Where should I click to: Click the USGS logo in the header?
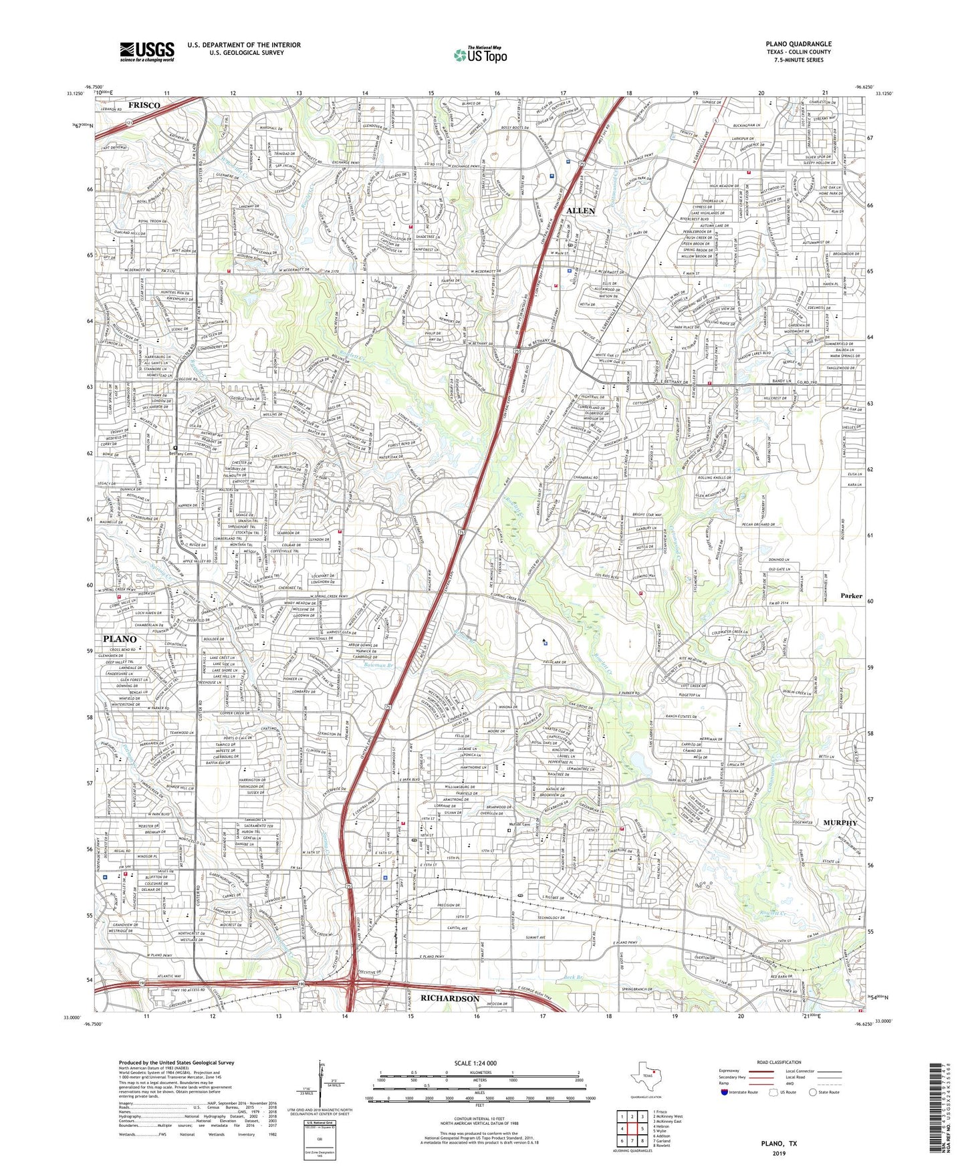coord(147,51)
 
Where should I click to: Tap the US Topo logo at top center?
coord(480,54)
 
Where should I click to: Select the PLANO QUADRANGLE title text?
coord(798,44)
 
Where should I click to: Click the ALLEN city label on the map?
coord(580,211)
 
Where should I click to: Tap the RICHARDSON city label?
coord(449,998)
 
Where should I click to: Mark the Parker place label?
coord(851,596)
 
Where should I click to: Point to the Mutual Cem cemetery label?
coord(519,824)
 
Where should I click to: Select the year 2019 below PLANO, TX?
coord(779,1154)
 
